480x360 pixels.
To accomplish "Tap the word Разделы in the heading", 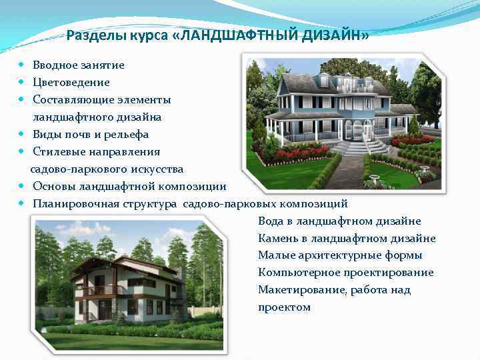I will tap(90, 35).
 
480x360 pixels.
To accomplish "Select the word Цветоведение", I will tap(71, 83).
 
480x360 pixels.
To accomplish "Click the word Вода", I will tap(270, 221).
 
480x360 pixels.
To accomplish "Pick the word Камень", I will tap(277, 239).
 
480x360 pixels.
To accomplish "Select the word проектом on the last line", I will tap(284, 307).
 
